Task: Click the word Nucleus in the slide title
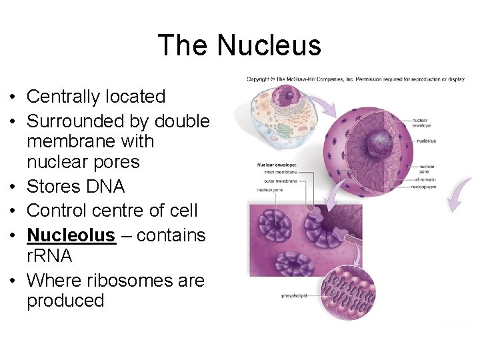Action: pyautogui.click(x=269, y=45)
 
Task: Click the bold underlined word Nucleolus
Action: pyautogui.click(x=71, y=235)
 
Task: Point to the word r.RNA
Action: pyautogui.click(x=49, y=256)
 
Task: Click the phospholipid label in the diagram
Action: pyautogui.click(x=294, y=295)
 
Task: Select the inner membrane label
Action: pyautogui.click(x=275, y=172)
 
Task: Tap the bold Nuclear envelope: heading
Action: pyautogui.click(x=277, y=163)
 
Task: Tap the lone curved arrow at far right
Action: pyautogui.click(x=460, y=193)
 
